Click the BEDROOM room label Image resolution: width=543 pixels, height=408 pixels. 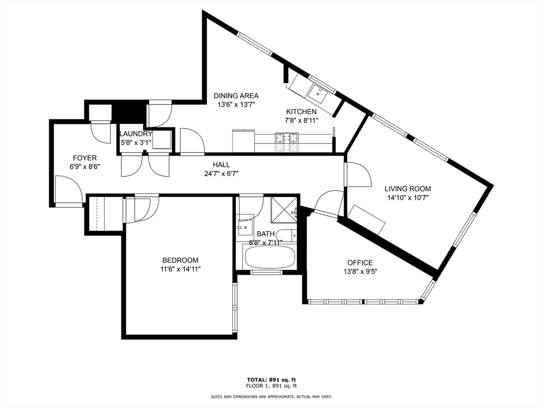[180, 260]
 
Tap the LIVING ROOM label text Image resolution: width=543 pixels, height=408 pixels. [408, 189]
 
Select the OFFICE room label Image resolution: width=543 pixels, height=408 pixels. [360, 262]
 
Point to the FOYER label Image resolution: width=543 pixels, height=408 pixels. [84, 158]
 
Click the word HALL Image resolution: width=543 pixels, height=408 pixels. [221, 165]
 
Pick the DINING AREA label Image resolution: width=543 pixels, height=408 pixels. [236, 96]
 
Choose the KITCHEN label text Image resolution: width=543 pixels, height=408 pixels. [301, 112]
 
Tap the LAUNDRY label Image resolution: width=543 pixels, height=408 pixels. [136, 133]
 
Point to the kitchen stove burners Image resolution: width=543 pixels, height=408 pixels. [287, 142]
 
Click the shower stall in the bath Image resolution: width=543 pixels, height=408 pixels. [284, 208]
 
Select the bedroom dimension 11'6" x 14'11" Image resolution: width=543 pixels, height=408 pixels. [180, 269]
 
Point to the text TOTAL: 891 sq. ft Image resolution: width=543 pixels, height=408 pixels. [271, 379]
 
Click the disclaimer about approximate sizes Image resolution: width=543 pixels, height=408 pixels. [271, 396]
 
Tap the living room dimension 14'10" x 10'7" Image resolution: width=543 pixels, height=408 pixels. [408, 198]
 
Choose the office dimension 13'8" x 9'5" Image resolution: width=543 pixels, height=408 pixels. [360, 271]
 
